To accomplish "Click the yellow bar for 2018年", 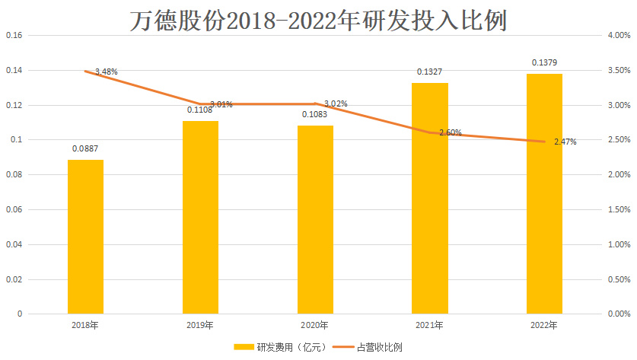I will [x=85, y=236].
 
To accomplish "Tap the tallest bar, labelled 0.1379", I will [x=544, y=193].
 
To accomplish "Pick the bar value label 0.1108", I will [x=200, y=110].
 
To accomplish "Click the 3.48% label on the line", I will [x=106, y=72].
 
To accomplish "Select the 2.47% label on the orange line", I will [x=564, y=142].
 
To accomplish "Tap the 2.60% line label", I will [x=450, y=132].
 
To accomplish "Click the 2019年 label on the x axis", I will [x=200, y=326].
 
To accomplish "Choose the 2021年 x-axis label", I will [x=430, y=326].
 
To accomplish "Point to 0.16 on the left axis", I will [x=14, y=36].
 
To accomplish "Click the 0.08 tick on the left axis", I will [x=14, y=175].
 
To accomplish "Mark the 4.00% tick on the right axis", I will [x=618, y=36].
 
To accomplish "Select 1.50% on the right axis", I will [x=618, y=210].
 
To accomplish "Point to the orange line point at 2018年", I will [x=85, y=72].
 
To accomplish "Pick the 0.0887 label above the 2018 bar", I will [x=85, y=149].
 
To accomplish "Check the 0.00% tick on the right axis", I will [x=618, y=314].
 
